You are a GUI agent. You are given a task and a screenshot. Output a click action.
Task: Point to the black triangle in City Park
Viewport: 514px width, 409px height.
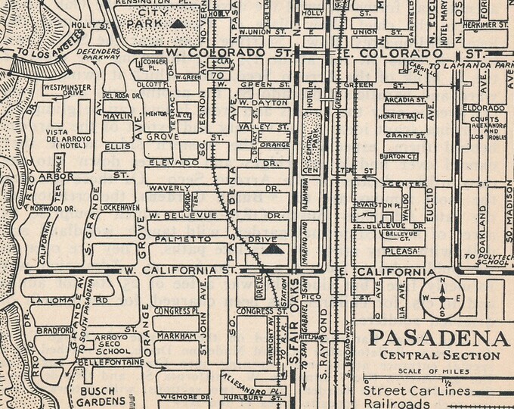177,23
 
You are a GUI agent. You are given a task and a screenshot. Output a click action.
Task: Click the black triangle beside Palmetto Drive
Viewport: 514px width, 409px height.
274,247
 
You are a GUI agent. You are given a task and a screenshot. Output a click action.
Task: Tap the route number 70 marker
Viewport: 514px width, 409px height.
218,76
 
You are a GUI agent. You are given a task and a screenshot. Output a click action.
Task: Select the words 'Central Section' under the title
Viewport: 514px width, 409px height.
441,355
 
